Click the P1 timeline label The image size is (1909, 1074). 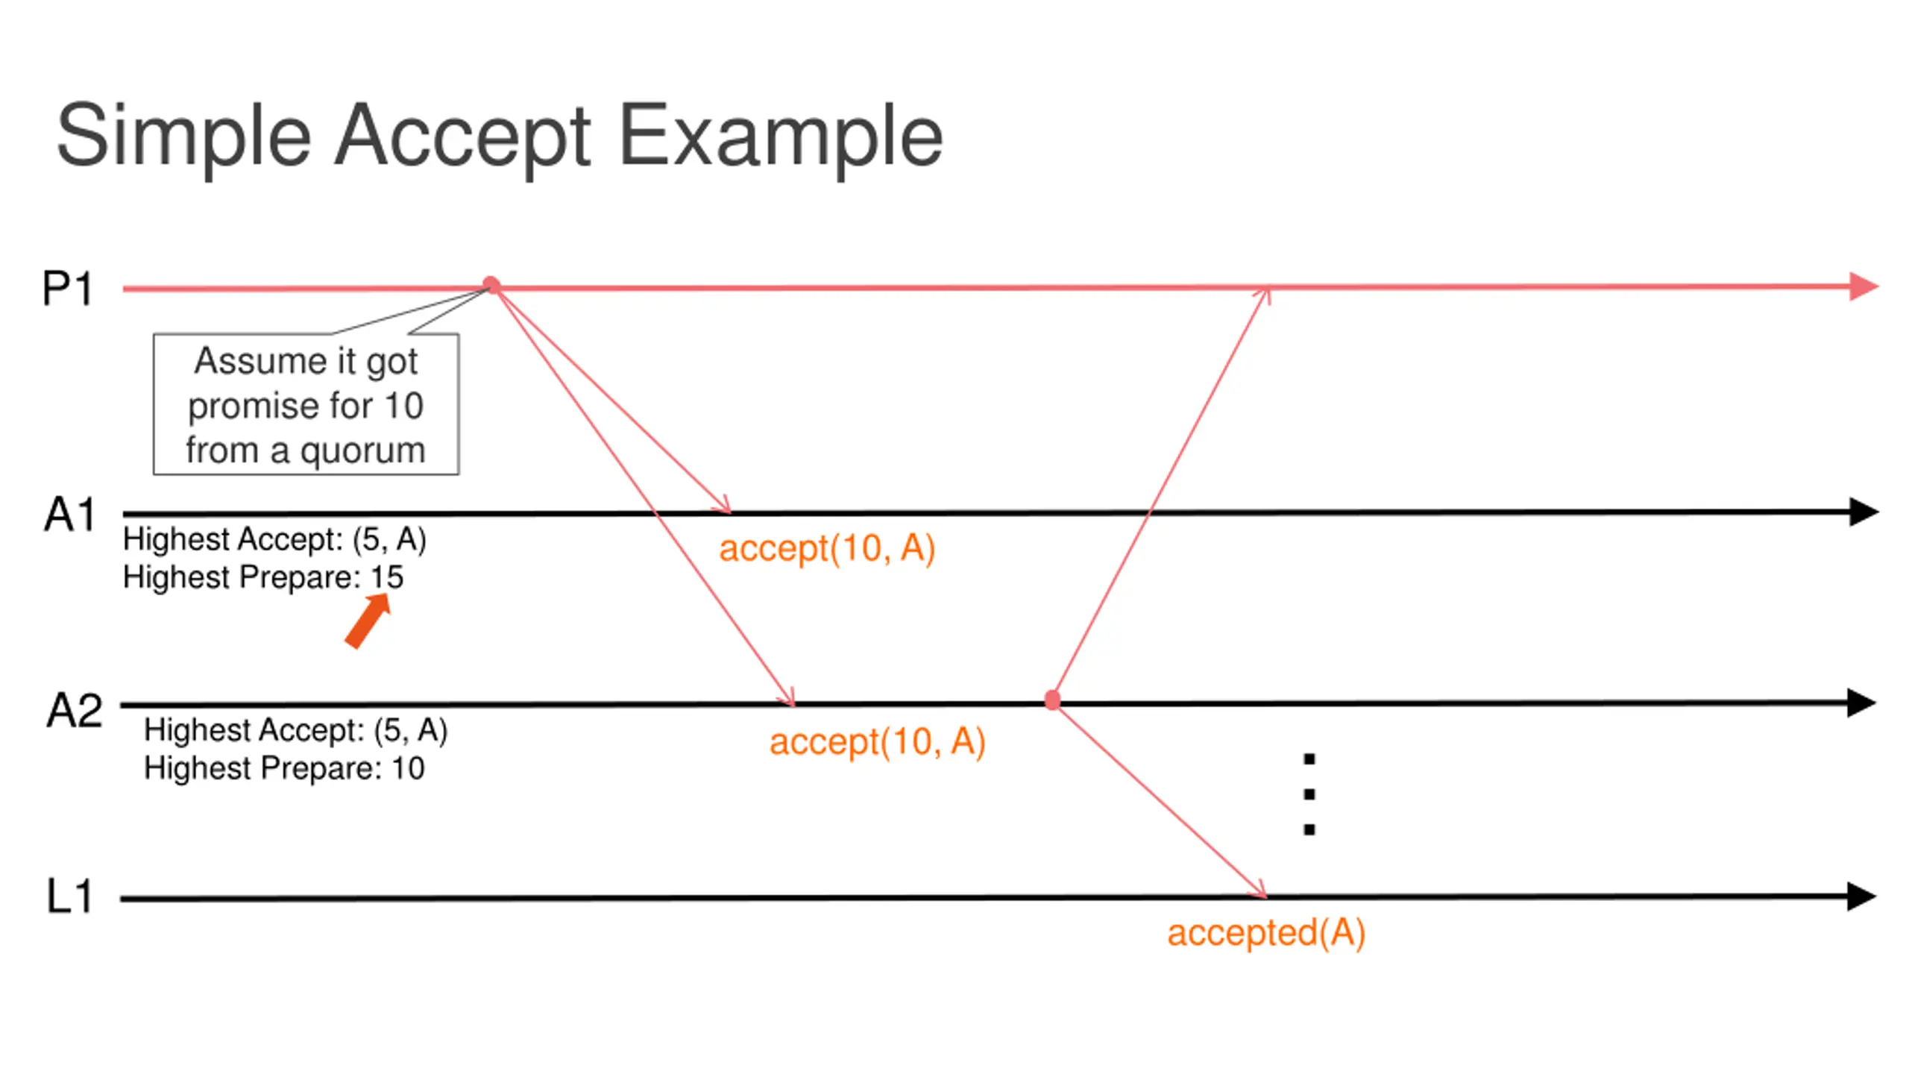pos(67,289)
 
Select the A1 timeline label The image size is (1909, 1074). pos(70,515)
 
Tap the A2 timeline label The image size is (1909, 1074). pos(74,710)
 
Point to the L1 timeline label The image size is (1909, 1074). pos(69,896)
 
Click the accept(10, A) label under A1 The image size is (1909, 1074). pos(827,549)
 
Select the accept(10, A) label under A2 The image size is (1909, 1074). pos(878,742)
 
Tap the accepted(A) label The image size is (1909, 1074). pos(1266,933)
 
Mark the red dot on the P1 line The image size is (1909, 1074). pos(491,286)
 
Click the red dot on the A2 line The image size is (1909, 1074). pos(1053,700)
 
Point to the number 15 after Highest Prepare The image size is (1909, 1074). pos(387,577)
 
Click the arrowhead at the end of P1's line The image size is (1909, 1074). pos(1864,286)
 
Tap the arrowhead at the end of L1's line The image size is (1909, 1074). pos(1862,896)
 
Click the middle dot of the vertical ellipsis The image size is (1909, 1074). pos(1309,794)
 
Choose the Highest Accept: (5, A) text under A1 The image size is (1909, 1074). pos(274,539)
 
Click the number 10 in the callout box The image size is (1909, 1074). pos(403,406)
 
